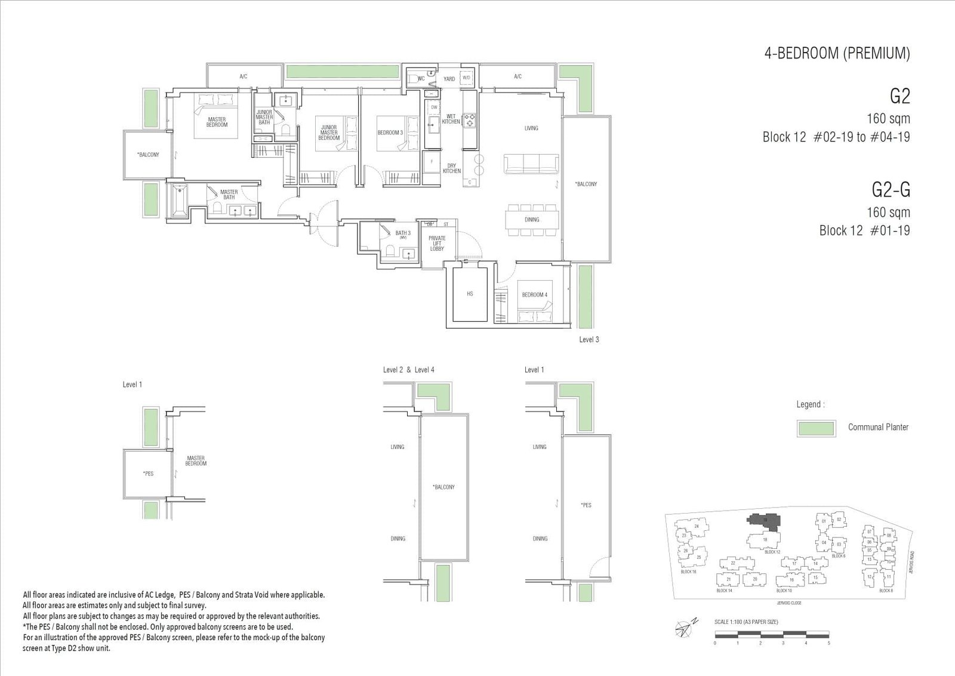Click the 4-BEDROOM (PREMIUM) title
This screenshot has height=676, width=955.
click(x=837, y=53)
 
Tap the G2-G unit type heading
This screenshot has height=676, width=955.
click(x=891, y=190)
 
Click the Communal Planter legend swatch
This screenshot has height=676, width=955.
click(x=815, y=428)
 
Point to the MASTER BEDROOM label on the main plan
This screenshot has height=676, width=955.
click(x=217, y=122)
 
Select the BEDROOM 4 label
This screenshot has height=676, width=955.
click(x=534, y=294)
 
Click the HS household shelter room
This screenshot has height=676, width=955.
click(x=470, y=294)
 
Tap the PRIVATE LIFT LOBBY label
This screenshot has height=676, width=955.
click(x=437, y=243)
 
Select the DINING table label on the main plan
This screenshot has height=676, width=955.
click(x=532, y=219)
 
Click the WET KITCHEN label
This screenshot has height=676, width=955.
click(x=451, y=119)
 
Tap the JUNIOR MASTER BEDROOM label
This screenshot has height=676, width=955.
click(x=329, y=133)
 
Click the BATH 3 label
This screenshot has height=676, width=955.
click(x=403, y=233)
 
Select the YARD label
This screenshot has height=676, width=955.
click(x=449, y=79)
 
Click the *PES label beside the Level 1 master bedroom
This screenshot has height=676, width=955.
click(x=149, y=474)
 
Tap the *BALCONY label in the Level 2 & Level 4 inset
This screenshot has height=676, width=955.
click(x=444, y=487)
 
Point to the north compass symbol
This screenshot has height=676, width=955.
click(x=685, y=626)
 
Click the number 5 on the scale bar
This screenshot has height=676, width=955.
click(x=828, y=643)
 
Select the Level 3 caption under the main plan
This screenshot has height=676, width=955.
click(x=589, y=339)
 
